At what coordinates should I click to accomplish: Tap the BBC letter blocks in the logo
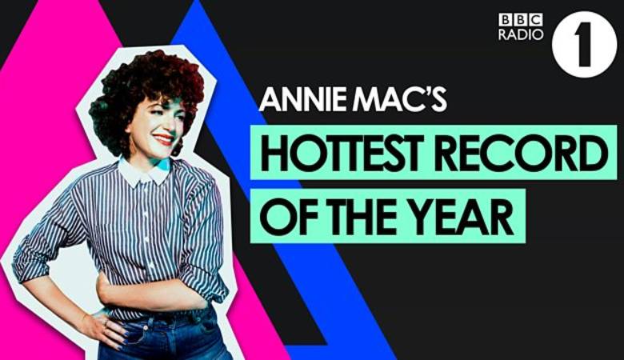[521, 19]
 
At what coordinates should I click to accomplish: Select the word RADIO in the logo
[521, 34]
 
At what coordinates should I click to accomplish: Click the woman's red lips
[164, 139]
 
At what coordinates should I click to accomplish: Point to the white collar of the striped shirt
[146, 172]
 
